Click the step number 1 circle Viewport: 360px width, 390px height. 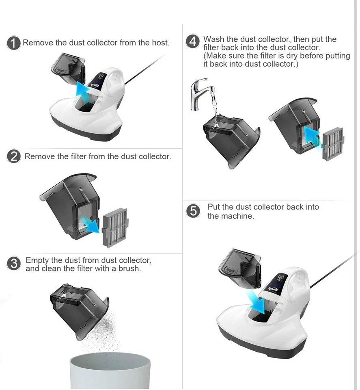click(13, 43)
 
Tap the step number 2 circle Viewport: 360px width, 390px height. click(14, 156)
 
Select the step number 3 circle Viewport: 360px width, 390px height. click(14, 263)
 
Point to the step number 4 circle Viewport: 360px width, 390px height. click(192, 41)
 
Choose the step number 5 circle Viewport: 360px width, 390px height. click(193, 211)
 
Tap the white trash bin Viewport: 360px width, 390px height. click(110, 370)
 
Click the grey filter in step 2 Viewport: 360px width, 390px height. click(115, 227)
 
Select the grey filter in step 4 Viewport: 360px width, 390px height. click(333, 144)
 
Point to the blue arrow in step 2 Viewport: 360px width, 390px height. click(90, 224)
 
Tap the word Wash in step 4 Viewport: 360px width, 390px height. click(214, 39)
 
